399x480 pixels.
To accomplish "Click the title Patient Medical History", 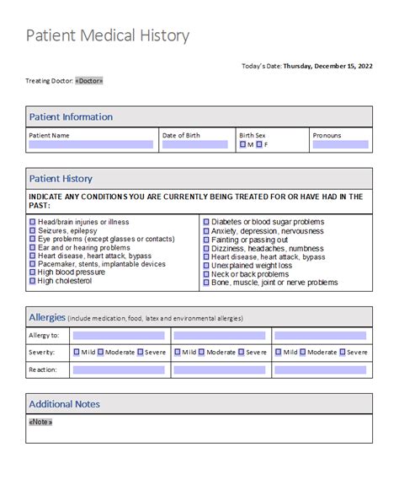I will [107, 36].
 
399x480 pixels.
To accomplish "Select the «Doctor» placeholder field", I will [89, 81].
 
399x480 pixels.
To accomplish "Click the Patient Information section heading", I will [71, 116].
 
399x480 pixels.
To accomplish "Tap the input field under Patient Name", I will [91, 145].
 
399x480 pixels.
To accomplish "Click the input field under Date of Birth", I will [197, 145].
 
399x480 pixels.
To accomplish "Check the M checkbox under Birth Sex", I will [243, 144].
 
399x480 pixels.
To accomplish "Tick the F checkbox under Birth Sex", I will [260, 144].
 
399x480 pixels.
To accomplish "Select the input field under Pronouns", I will [340, 145].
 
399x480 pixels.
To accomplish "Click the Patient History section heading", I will [61, 178].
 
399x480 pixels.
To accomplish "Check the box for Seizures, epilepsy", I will [33, 230].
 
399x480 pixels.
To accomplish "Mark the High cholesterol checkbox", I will [33, 281].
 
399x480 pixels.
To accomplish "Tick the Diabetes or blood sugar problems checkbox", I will [206, 222].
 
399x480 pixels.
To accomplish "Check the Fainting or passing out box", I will [206, 240].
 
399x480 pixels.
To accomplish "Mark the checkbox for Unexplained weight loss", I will [206, 266].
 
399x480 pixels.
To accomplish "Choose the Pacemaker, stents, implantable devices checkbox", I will [33, 264].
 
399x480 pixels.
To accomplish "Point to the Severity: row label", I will [45, 352].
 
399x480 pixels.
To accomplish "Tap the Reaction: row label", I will [45, 369].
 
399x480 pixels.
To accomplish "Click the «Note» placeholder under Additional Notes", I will [40, 422].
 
